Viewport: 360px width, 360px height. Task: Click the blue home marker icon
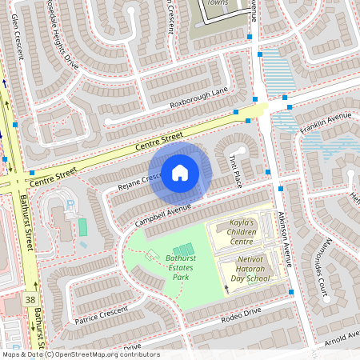pos(180,172)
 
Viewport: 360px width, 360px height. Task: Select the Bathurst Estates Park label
pos(170,268)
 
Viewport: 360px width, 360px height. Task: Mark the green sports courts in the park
pos(183,250)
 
